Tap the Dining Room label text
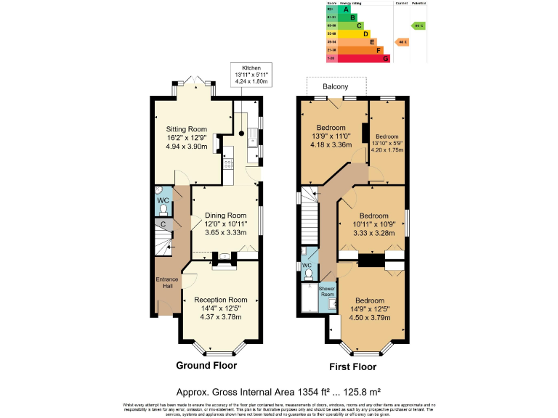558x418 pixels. click(x=225, y=216)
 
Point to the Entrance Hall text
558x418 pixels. click(x=166, y=282)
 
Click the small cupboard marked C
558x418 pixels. click(x=163, y=225)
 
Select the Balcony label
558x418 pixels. click(x=336, y=86)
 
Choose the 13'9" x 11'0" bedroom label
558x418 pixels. click(x=332, y=128)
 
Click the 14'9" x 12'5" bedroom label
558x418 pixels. click(x=368, y=300)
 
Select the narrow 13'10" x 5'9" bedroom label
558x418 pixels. click(x=387, y=136)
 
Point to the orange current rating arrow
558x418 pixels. click(x=401, y=41)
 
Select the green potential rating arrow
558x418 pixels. click(x=418, y=25)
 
